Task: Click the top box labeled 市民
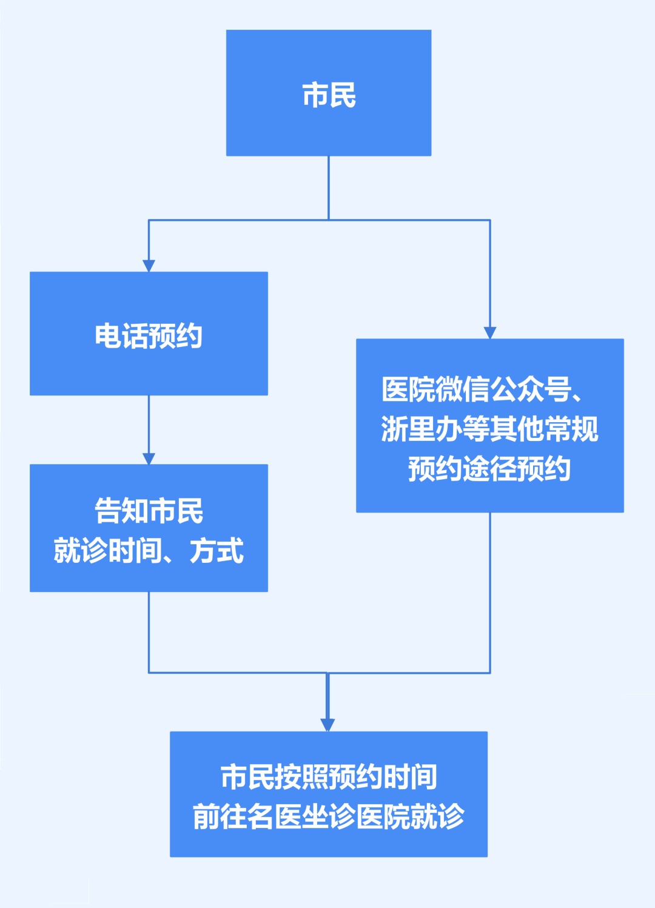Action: [328, 93]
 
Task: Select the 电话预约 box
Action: [149, 334]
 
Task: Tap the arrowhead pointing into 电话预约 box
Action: [149, 266]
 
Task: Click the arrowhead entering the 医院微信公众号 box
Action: [490, 332]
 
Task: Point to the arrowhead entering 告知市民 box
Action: [149, 459]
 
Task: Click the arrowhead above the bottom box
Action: [327, 725]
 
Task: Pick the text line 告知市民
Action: [149, 511]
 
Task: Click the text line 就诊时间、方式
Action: [149, 551]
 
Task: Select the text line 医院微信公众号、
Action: [483, 389]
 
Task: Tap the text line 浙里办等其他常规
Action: [489, 429]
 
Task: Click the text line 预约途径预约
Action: [489, 469]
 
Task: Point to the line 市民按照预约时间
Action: [328, 777]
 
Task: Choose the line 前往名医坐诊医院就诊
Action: [328, 816]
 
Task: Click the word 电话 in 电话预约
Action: [121, 335]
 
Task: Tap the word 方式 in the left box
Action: [217, 551]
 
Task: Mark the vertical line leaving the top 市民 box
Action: [329, 187]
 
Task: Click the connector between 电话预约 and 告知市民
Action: [149, 425]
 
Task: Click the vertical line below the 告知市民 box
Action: [149, 631]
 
